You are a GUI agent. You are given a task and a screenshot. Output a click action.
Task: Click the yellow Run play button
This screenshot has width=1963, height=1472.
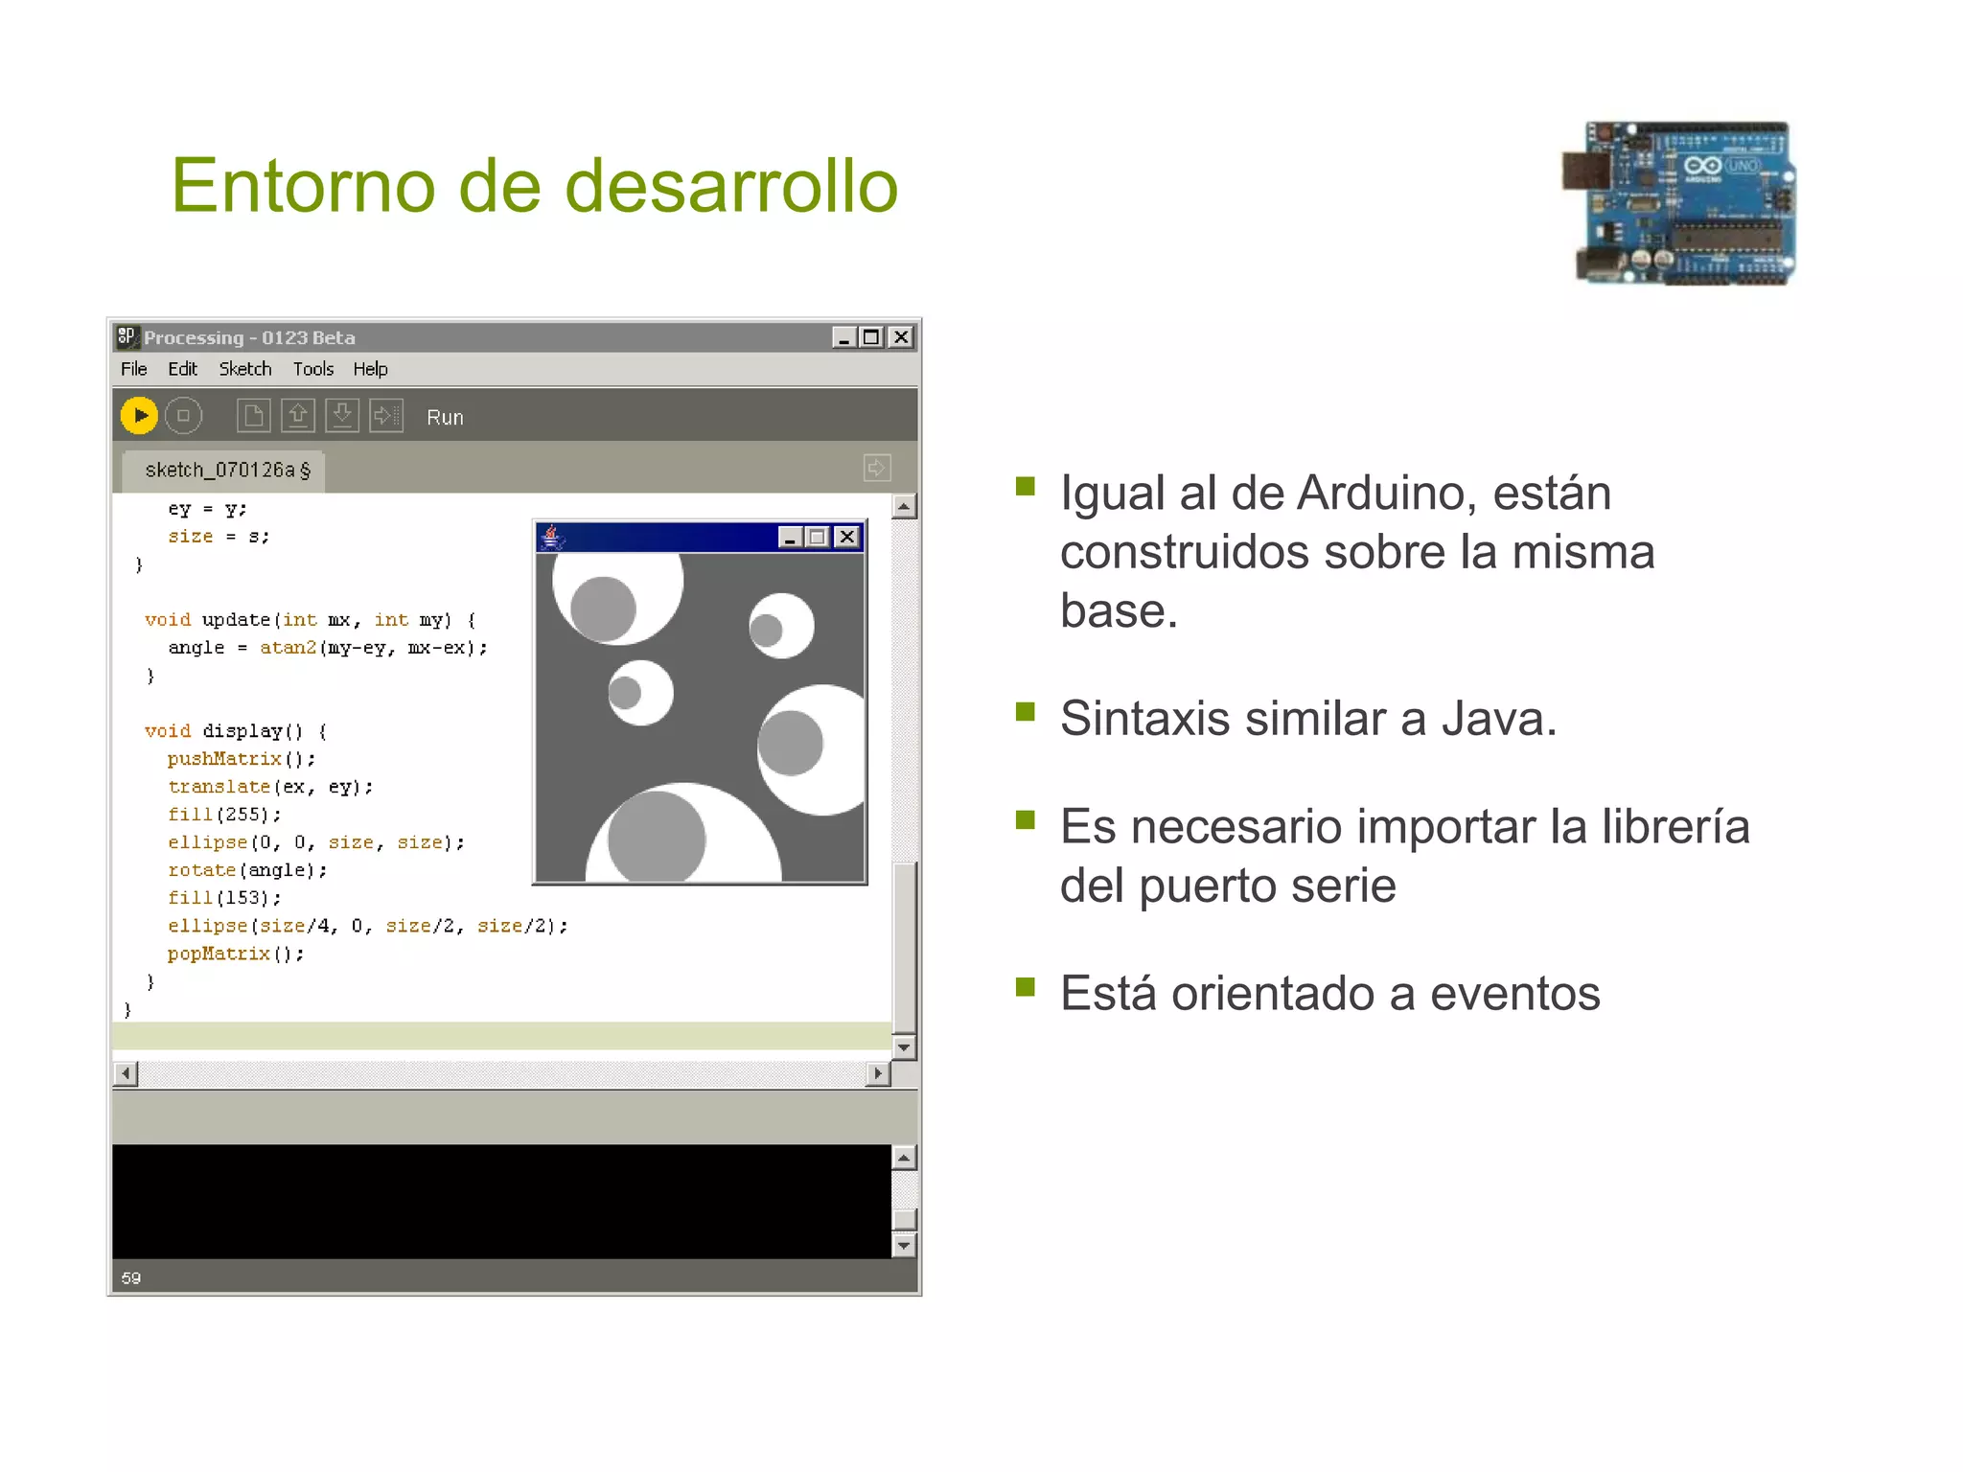click(139, 416)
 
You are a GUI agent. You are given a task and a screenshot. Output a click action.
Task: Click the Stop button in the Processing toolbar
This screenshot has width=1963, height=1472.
click(183, 416)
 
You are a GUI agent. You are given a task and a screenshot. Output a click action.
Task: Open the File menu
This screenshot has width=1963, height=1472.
click(133, 369)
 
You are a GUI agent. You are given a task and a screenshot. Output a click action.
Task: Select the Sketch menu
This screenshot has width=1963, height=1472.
click(244, 369)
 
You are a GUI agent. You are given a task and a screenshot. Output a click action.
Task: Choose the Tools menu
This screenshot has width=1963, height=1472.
click(312, 369)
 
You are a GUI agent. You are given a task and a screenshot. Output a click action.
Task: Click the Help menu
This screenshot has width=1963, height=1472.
click(370, 369)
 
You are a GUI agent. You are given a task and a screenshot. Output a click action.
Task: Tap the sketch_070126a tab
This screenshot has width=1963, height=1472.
click(226, 470)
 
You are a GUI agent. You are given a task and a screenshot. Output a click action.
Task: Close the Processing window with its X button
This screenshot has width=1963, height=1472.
click(901, 337)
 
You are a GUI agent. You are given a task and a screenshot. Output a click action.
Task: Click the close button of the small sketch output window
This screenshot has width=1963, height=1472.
click(847, 537)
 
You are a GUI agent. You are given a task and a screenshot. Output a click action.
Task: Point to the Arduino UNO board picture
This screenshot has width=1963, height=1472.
click(1679, 203)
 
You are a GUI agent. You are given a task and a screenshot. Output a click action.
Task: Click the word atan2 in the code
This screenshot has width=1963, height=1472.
click(288, 648)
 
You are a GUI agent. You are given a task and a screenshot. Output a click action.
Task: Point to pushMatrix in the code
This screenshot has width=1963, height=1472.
click(225, 759)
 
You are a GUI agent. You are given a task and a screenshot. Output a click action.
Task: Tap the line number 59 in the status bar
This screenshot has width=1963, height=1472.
click(131, 1278)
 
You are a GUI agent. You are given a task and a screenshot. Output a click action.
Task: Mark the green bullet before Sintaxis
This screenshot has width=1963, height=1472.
click(1026, 712)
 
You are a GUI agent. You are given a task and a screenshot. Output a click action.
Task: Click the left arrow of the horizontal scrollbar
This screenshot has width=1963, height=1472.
click(126, 1073)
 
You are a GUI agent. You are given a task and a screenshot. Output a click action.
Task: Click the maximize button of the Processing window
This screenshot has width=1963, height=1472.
click(871, 337)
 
